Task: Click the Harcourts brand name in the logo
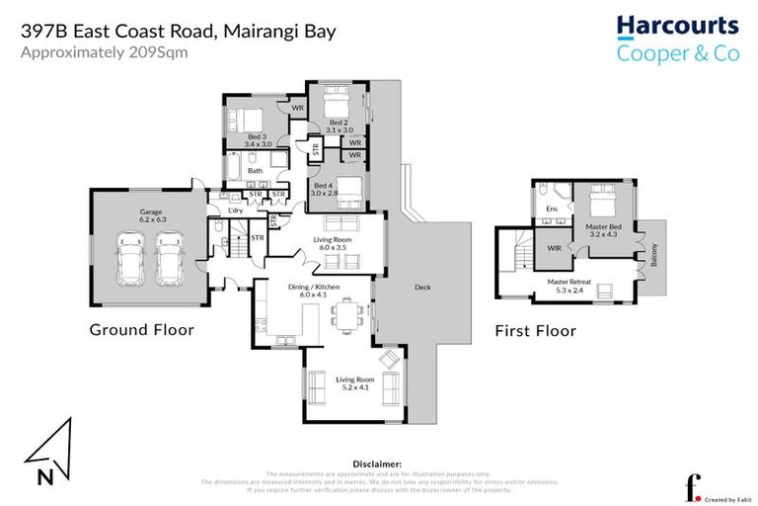[677, 26]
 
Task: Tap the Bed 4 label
[324, 190]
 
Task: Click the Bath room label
[256, 171]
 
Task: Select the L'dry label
[235, 211]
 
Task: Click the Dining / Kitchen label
[312, 290]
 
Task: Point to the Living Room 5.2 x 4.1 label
[352, 383]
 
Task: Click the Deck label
[422, 288]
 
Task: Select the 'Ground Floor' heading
[141, 329]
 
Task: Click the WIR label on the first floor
[555, 248]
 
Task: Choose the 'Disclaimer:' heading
[377, 463]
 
